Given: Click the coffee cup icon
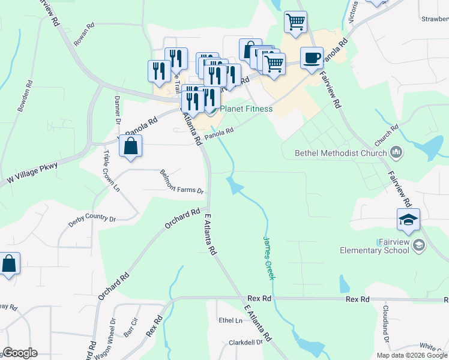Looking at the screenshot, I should click(311, 58).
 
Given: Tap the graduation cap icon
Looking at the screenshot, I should click(408, 220).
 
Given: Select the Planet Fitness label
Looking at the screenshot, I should click(246, 109).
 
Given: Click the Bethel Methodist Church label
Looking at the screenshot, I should click(340, 153).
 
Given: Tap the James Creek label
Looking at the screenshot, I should click(268, 257).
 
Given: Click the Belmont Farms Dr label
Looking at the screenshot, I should click(182, 182).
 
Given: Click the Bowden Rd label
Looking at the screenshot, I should click(25, 96).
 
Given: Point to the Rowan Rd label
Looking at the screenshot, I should click(84, 35).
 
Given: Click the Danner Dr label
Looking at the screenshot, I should click(118, 109).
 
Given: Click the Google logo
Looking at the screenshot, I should click(20, 353).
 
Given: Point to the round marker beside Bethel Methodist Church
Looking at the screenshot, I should click(396, 153).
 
